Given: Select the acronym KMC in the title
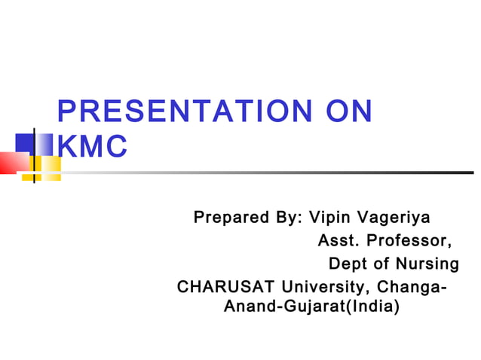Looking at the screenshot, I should click(x=92, y=146).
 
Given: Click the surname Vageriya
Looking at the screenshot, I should click(x=394, y=218).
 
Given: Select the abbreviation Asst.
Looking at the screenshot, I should click(x=341, y=242).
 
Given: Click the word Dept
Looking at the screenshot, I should click(x=351, y=264).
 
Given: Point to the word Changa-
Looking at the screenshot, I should click(x=410, y=287).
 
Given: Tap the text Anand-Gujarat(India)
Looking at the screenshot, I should click(x=311, y=307).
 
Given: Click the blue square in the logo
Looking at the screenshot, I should click(x=25, y=143).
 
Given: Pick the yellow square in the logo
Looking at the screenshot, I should click(x=47, y=167).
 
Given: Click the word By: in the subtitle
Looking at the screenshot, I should click(x=287, y=218).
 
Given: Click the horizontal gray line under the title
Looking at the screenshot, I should click(x=264, y=172).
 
